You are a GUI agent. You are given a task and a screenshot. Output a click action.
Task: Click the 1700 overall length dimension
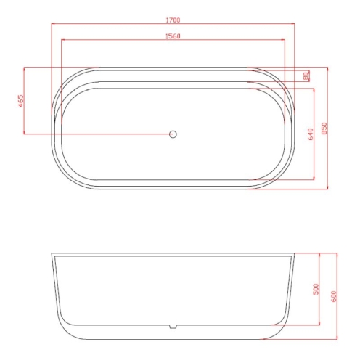coord(173,20)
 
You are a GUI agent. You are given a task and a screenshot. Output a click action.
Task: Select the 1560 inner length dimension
coord(173,36)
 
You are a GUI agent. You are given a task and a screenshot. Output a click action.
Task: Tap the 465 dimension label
coord(21,101)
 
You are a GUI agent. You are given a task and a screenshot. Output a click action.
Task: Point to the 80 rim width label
coord(306,76)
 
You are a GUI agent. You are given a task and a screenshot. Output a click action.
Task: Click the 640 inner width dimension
coord(311,134)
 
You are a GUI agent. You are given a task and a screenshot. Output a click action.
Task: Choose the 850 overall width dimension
coord(324,129)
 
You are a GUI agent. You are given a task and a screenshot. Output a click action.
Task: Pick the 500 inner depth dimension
coord(316,289)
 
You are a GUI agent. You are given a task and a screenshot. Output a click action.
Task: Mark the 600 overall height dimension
coord(333,296)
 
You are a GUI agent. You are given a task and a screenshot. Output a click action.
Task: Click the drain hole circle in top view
coord(173,134)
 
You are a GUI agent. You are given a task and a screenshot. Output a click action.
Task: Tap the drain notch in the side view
coord(173,327)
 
